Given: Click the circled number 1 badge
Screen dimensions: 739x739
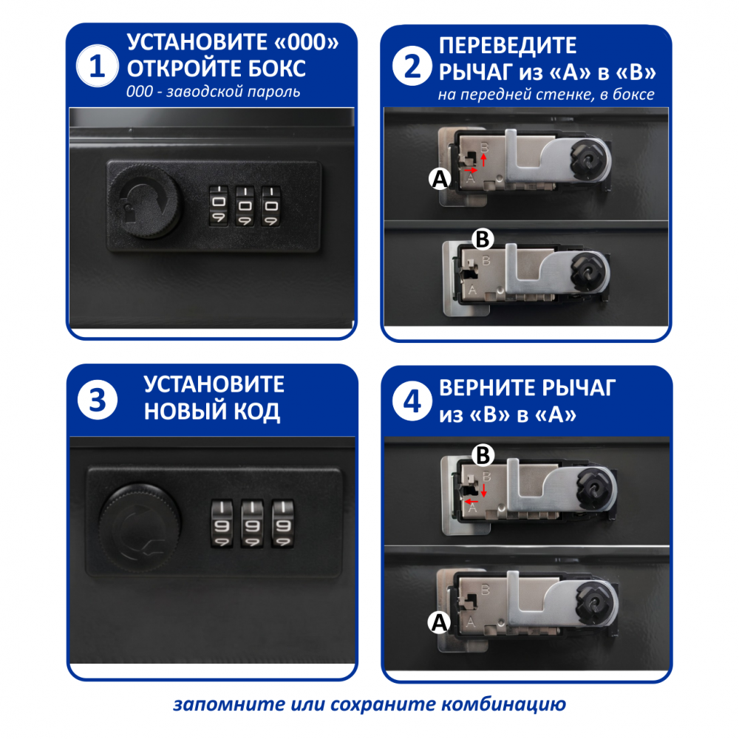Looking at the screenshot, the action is pyautogui.click(x=97, y=66).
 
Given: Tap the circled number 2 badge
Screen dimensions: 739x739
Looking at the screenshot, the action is pyautogui.click(x=412, y=66).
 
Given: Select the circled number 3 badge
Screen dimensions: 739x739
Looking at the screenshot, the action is pyautogui.click(x=97, y=400).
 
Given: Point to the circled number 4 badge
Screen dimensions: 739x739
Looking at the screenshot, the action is pyautogui.click(x=412, y=401).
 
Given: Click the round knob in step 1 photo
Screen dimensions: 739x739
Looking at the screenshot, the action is pyautogui.click(x=146, y=202).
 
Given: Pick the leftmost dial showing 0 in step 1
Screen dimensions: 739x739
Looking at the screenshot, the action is pyautogui.click(x=218, y=206).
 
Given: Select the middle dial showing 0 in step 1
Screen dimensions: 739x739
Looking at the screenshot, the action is pyautogui.click(x=245, y=206).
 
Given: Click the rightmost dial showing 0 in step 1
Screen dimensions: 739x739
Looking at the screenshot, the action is pyautogui.click(x=271, y=206).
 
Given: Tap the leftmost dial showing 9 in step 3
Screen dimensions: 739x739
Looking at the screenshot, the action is pyautogui.click(x=222, y=524).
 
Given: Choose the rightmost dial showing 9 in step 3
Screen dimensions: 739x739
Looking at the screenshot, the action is pyautogui.click(x=283, y=524).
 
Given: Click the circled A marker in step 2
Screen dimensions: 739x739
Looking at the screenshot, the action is pyautogui.click(x=440, y=179).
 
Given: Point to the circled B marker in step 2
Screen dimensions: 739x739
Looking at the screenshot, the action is pyautogui.click(x=483, y=239).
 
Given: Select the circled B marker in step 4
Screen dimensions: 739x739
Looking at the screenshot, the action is pyautogui.click(x=483, y=455).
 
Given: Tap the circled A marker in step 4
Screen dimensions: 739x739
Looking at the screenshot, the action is pyautogui.click(x=439, y=622).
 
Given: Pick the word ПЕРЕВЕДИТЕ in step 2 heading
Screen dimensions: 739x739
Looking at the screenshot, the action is pyautogui.click(x=508, y=46).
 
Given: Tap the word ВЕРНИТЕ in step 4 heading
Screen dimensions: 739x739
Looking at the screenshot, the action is pyautogui.click(x=488, y=388).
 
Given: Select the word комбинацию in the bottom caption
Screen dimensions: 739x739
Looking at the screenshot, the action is pyautogui.click(x=503, y=705).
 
